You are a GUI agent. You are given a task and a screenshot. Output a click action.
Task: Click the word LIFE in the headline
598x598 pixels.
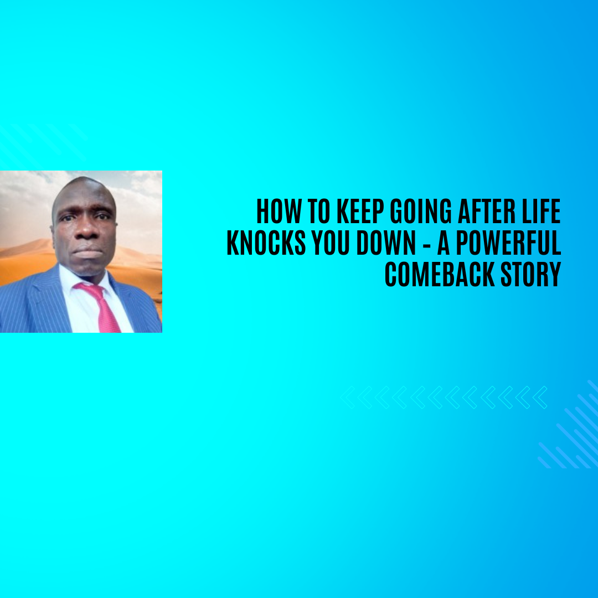click(542, 212)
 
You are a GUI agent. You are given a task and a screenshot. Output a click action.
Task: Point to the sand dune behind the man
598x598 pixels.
click(25, 260)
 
